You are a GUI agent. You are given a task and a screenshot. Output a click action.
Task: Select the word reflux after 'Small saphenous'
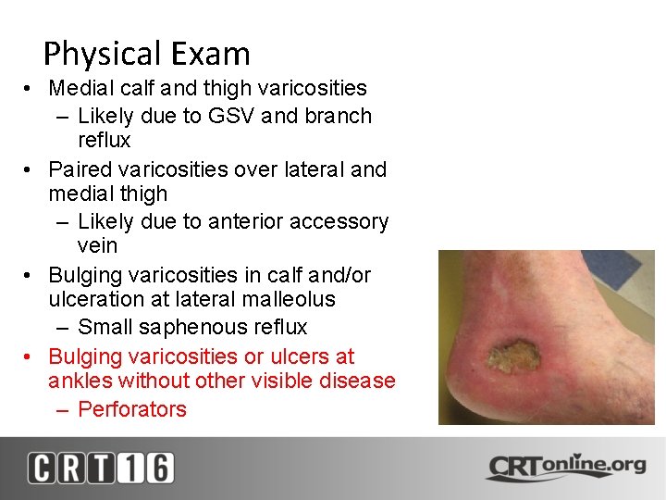pyautogui.click(x=278, y=327)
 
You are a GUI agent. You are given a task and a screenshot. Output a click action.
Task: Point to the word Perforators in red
pyautogui.click(x=132, y=409)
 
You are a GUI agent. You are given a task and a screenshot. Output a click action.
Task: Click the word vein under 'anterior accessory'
pyautogui.click(x=97, y=245)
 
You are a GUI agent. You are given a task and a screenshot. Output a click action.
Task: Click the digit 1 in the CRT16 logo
pyautogui.click(x=129, y=468)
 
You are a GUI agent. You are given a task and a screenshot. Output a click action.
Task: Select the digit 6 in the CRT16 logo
pyautogui.click(x=157, y=468)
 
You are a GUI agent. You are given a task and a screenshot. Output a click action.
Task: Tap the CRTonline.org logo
pyautogui.click(x=565, y=466)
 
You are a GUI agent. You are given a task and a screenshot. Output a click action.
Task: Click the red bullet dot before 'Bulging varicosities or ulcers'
pyautogui.click(x=31, y=356)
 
